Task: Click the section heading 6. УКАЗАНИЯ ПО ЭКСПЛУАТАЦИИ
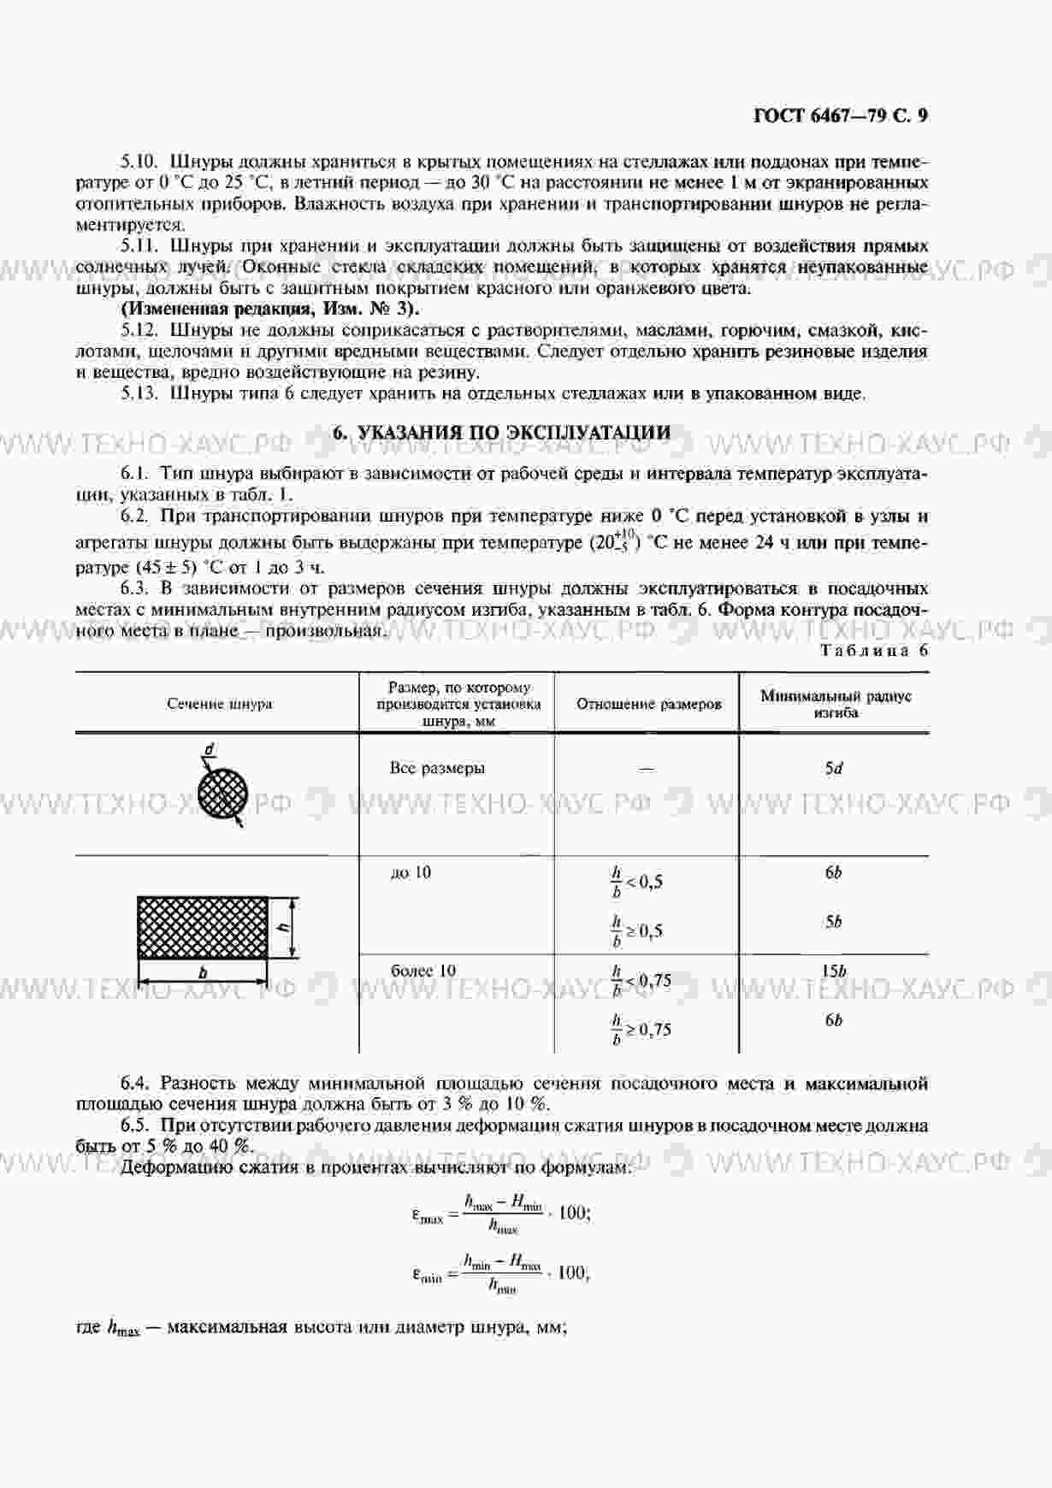coord(501,433)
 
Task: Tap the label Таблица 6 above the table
coord(874,650)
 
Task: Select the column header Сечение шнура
coord(220,704)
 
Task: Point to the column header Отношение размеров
coord(648,704)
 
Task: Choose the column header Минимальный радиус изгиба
coord(836,704)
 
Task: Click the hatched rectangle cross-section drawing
coord(203,928)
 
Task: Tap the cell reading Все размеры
coord(437,768)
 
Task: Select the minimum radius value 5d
coord(834,768)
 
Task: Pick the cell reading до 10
coord(411,872)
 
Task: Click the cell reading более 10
coord(423,971)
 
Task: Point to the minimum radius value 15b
coord(834,971)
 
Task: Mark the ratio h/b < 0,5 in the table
coord(636,882)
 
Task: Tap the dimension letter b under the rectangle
coord(203,973)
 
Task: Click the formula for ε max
coord(501,1213)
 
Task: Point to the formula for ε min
coord(501,1272)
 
